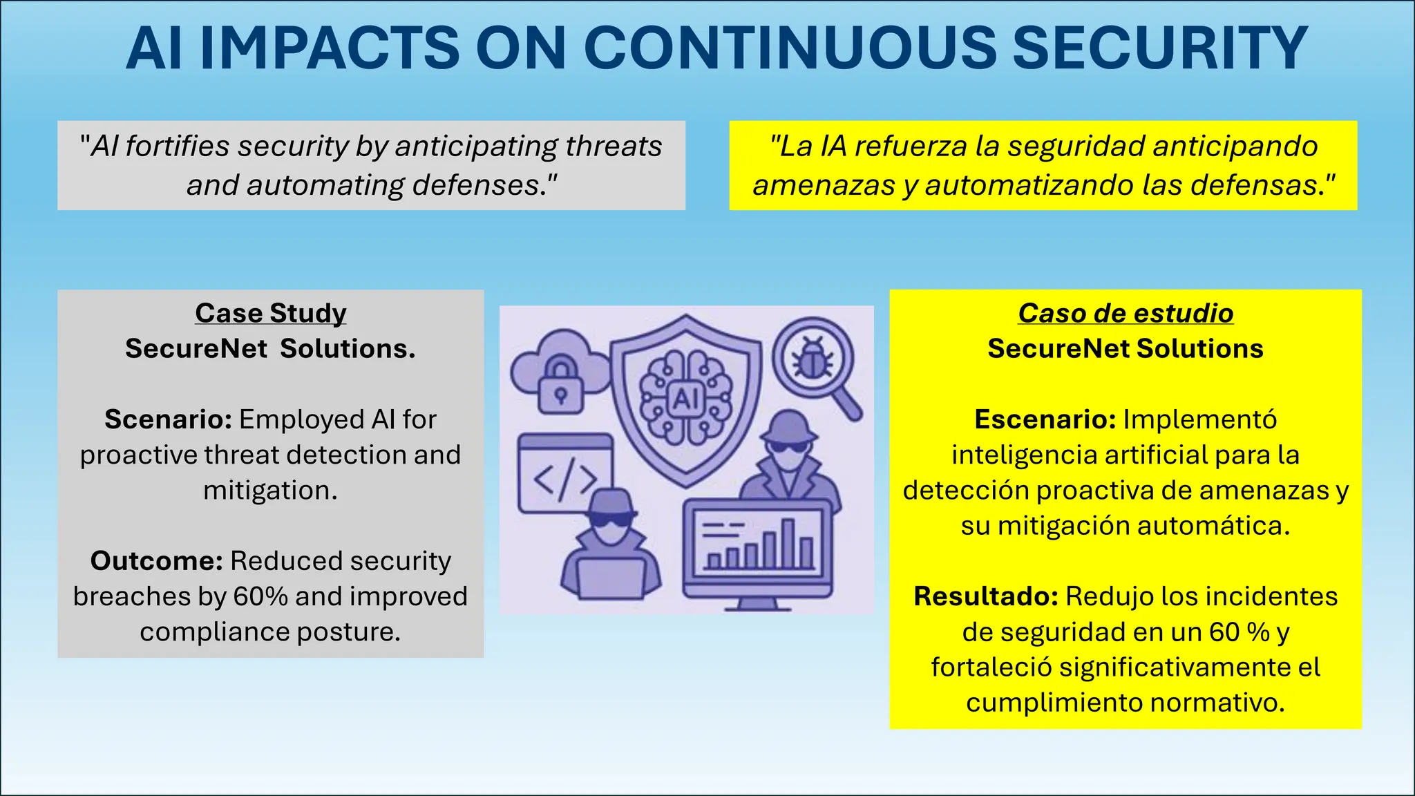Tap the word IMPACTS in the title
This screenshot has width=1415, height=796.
click(330, 48)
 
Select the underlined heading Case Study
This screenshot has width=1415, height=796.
click(270, 313)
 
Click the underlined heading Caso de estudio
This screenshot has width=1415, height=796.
click(1126, 313)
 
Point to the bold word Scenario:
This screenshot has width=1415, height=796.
click(168, 419)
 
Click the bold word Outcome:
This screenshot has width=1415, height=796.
click(156, 561)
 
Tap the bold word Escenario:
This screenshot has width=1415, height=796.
click(1045, 419)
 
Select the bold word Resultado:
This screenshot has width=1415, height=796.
click(985, 596)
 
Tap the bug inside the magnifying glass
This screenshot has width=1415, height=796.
click(813, 359)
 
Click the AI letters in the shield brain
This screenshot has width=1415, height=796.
click(685, 399)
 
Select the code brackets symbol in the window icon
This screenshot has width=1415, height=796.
click(565, 480)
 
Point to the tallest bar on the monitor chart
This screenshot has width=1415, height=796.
click(788, 543)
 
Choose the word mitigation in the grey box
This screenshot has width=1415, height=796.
click(269, 491)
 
